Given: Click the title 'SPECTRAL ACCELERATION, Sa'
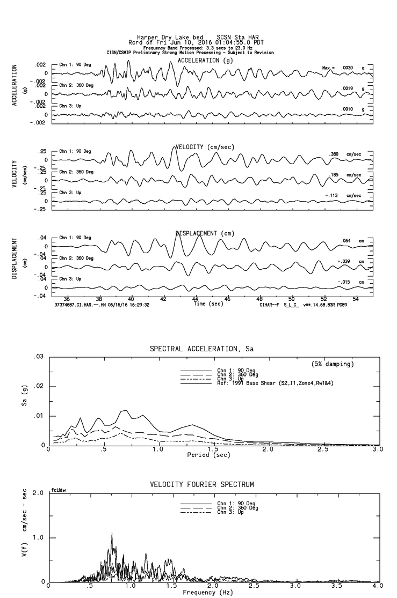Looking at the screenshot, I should click(201, 349).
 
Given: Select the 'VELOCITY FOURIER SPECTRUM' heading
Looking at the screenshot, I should click(201, 484).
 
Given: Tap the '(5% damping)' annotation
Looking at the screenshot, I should click(333, 364).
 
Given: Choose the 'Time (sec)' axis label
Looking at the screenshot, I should click(209, 304).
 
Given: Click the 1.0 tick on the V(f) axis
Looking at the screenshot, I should click(39, 537).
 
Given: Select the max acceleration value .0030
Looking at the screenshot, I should click(345, 68).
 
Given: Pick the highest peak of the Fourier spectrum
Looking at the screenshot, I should click(112, 534).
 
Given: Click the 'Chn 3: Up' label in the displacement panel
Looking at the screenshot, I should click(70, 279).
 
